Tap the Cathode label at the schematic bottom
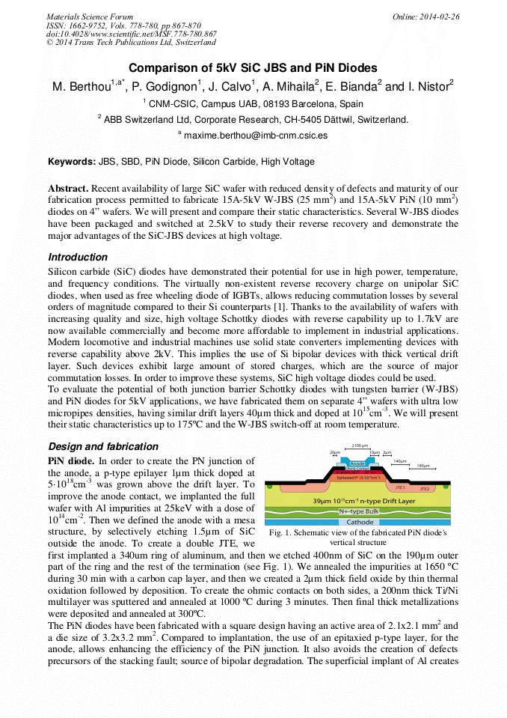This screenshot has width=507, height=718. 360,522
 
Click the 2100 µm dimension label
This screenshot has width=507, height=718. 360,445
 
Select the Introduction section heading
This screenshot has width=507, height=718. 78,257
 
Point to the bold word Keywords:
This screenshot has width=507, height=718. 72,161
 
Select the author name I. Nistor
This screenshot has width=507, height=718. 429,86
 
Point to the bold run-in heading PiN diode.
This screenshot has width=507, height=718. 71,461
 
